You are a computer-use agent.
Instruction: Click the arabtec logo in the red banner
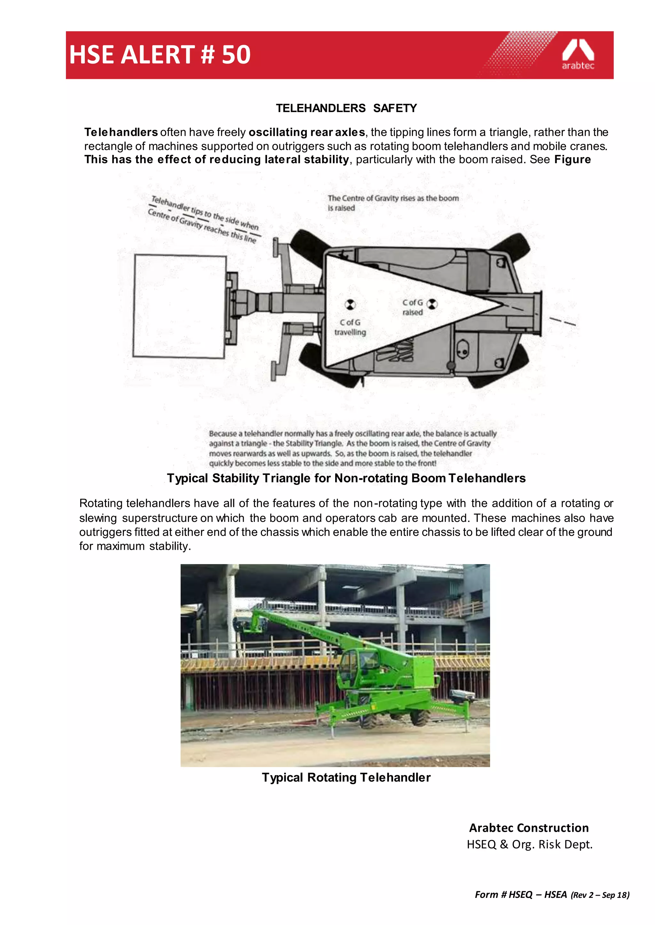click(x=578, y=55)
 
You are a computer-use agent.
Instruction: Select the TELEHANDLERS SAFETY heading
click(x=346, y=108)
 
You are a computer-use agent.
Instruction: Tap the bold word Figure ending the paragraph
click(x=572, y=159)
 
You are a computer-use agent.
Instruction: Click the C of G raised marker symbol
click(x=432, y=304)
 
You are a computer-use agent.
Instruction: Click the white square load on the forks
click(x=179, y=306)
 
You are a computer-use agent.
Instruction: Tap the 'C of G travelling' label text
click(x=350, y=327)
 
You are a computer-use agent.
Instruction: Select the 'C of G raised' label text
click(x=412, y=307)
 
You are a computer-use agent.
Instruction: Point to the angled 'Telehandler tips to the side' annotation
click(x=204, y=219)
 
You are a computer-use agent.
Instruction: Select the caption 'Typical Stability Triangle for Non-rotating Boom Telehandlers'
click(x=346, y=478)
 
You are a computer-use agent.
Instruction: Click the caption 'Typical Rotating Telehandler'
click(x=346, y=777)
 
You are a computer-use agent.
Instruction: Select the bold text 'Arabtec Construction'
click(x=529, y=828)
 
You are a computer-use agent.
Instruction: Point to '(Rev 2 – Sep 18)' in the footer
click(x=600, y=895)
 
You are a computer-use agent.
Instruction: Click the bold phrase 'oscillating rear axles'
click(x=306, y=132)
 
